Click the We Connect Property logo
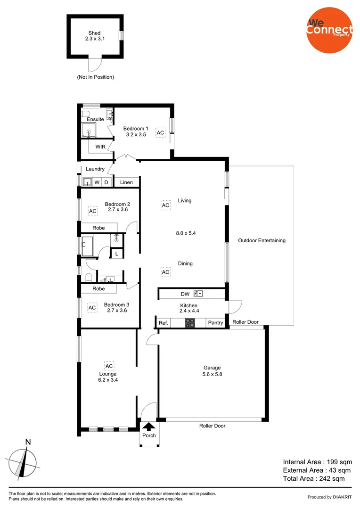pyautogui.click(x=329, y=29)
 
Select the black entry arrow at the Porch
pyautogui.click(x=149, y=427)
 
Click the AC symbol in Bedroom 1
pyautogui.click(x=161, y=133)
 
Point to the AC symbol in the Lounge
pyautogui.click(x=109, y=366)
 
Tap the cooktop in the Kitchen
pyautogui.click(x=190, y=323)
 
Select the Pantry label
pyautogui.click(x=215, y=323)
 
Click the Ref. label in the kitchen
pyautogui.click(x=163, y=323)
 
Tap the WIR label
pyautogui.click(x=100, y=147)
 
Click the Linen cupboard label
pyautogui.click(x=126, y=182)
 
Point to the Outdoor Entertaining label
pyautogui.click(x=262, y=240)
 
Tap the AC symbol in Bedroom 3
pyautogui.click(x=92, y=308)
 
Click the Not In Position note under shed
pyautogui.click(x=96, y=77)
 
